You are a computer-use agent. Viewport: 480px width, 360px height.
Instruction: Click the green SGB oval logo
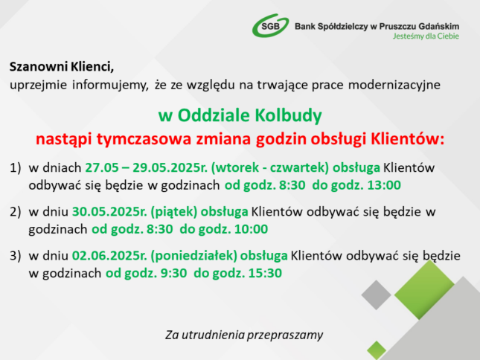click(x=270, y=26)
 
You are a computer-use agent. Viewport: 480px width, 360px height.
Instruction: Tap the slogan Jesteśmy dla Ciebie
click(x=426, y=36)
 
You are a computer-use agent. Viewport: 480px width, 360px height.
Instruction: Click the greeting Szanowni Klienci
click(x=62, y=66)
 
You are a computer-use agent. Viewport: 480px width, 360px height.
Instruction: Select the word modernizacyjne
click(x=394, y=85)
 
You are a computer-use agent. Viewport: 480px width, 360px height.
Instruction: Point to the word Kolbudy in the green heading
click(x=288, y=115)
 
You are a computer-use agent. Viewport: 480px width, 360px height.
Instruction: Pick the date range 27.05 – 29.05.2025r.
click(x=147, y=167)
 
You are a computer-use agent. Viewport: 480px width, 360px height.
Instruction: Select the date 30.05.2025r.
click(x=109, y=212)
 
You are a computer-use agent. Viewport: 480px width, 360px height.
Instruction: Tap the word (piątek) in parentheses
click(x=174, y=212)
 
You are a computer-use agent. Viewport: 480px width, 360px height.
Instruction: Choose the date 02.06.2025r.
click(x=109, y=256)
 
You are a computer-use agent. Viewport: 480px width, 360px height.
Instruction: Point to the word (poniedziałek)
click(x=193, y=256)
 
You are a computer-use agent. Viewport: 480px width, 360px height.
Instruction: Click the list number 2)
click(x=16, y=212)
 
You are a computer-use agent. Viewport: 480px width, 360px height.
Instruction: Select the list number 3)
click(x=16, y=256)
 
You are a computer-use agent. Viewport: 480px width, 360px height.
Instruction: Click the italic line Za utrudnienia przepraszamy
click(x=244, y=335)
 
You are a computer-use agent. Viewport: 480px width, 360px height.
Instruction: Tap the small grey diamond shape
click(x=377, y=295)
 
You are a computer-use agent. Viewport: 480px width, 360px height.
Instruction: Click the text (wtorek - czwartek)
click(x=270, y=168)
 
